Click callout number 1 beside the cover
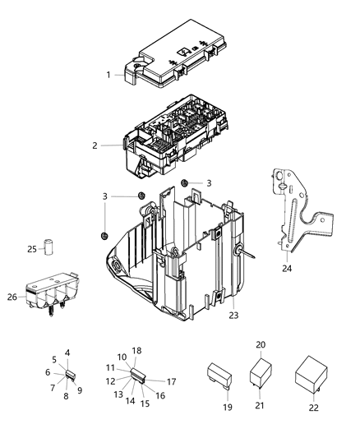click(x=108, y=75)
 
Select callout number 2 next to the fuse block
click(x=95, y=145)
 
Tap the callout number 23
click(x=233, y=314)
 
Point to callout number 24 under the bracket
click(x=287, y=268)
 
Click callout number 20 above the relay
click(x=261, y=344)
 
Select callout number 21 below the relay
click(x=261, y=405)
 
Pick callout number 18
click(x=137, y=351)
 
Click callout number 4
click(x=67, y=353)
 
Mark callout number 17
click(x=172, y=381)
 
